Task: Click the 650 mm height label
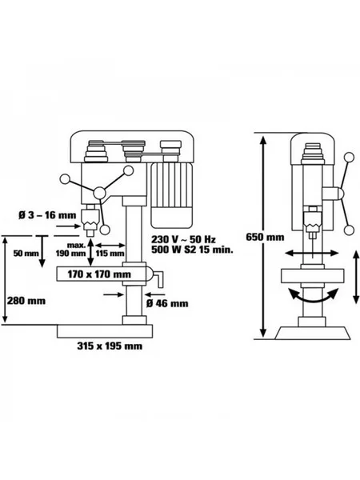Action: (x=265, y=238)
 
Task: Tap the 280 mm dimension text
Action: (x=26, y=301)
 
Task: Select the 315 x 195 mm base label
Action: (x=110, y=346)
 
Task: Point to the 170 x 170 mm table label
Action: (x=99, y=274)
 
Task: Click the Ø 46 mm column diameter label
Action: (x=167, y=303)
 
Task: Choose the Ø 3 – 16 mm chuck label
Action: (x=47, y=215)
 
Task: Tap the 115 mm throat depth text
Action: (x=110, y=254)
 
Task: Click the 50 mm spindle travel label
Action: (x=26, y=254)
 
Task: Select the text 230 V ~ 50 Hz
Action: (x=184, y=239)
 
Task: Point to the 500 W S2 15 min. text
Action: (x=192, y=250)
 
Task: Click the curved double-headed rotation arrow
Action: (x=313, y=298)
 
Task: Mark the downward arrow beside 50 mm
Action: (x=42, y=252)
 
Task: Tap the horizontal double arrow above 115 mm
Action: (x=110, y=246)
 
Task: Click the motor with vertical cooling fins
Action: (x=171, y=196)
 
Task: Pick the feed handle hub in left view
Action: (x=99, y=193)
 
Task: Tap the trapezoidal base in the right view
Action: (x=313, y=333)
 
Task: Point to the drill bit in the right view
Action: (x=312, y=248)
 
